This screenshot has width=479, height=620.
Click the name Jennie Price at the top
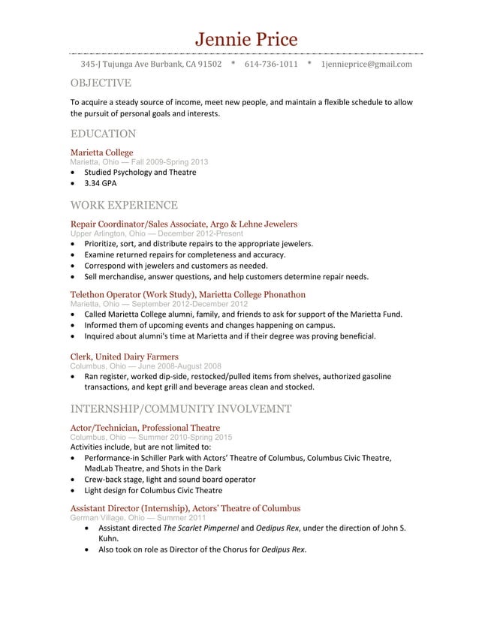pos(246,39)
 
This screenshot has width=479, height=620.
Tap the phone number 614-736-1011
pos(271,65)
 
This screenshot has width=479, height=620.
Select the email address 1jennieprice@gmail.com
pos(366,65)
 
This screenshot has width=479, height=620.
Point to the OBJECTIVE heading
pos(101,83)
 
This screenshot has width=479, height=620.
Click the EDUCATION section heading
pos(103,134)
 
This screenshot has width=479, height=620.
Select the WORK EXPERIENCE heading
pos(124,205)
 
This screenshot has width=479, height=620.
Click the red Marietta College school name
pos(101,152)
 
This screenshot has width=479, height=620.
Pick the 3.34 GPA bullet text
pos(101,182)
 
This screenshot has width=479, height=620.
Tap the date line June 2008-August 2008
pos(173,366)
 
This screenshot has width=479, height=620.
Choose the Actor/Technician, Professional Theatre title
pos(145,427)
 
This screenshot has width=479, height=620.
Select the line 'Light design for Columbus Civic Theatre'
pos(153,490)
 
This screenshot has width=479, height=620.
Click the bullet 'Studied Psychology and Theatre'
pos(140,172)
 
